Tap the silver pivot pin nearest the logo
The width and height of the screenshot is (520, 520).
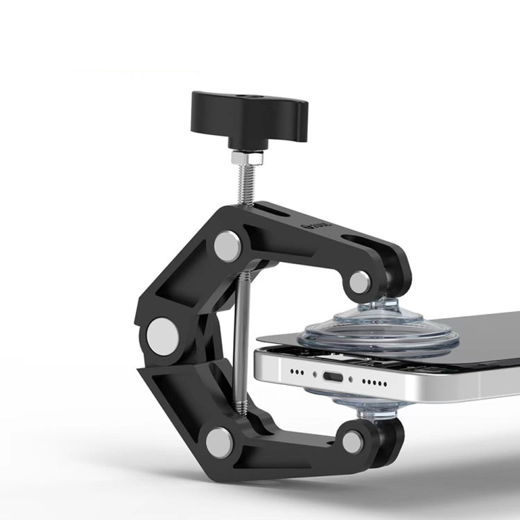(x=227, y=245)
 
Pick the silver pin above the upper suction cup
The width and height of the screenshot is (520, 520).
(x=359, y=281)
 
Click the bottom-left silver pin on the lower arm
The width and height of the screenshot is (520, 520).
(x=220, y=442)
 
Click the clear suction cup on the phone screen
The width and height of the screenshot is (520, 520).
(x=378, y=330)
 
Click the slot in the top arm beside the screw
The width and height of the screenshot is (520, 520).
(x=270, y=207)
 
